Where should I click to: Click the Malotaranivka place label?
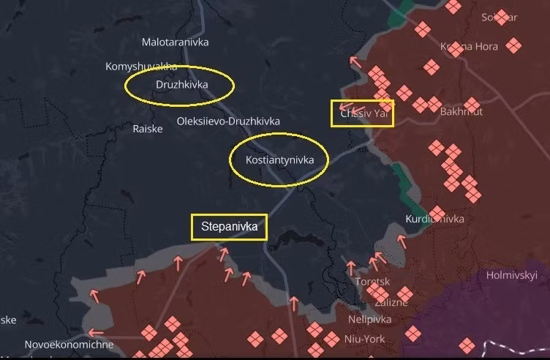175,42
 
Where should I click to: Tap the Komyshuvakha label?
141,67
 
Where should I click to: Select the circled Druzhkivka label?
181,85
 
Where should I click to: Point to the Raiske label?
148,128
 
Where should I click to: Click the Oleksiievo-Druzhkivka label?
228,121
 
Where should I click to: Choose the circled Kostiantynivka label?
279,160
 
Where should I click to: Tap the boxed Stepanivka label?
229,228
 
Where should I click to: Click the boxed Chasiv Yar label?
363,114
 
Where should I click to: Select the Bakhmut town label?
462,112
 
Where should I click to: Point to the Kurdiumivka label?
434,219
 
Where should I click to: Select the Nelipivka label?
369,320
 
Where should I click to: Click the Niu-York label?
364,338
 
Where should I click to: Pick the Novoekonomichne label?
69,344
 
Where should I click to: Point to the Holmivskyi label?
512,275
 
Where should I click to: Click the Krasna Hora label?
469,47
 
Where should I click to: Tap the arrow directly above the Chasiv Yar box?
355,61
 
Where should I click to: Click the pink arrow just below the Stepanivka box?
223,252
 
